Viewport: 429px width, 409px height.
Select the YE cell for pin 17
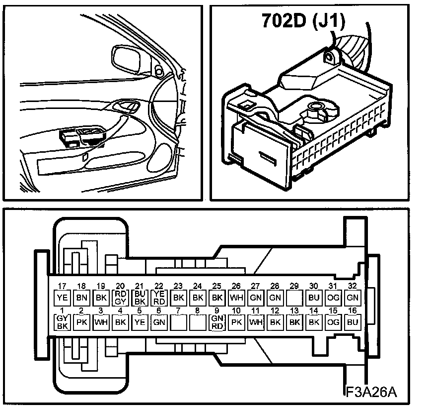62,298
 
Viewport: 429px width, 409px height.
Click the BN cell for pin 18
81,298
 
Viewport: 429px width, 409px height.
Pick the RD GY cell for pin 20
120,298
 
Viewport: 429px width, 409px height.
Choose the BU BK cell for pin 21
139,298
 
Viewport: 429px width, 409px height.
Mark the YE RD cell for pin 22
158,298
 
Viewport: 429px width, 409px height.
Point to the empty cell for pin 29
294,298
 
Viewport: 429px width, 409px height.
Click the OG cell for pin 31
333,298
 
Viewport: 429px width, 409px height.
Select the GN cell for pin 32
353,298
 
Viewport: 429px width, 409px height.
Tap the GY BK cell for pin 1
62,322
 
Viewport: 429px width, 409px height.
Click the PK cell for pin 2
81,322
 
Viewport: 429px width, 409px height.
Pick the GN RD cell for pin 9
217,322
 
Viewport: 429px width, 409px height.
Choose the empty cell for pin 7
178,322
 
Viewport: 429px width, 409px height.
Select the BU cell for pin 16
353,322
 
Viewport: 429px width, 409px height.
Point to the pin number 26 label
236,287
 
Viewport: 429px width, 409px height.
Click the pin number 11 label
256,311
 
